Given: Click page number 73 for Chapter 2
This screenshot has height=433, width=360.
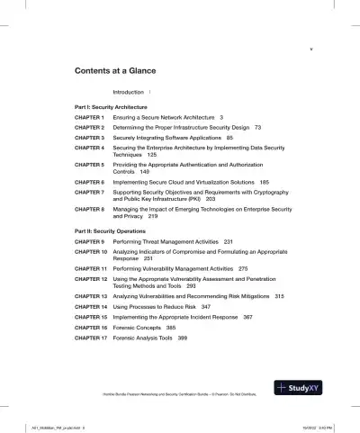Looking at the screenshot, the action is coord(258,128).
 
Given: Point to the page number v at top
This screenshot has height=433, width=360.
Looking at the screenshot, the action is coord(310,50).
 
